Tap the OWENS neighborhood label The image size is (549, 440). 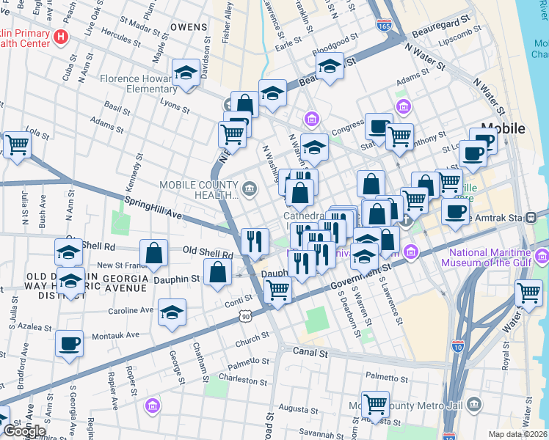point(189,26)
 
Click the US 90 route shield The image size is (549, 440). point(244,315)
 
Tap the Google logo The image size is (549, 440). point(25,430)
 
